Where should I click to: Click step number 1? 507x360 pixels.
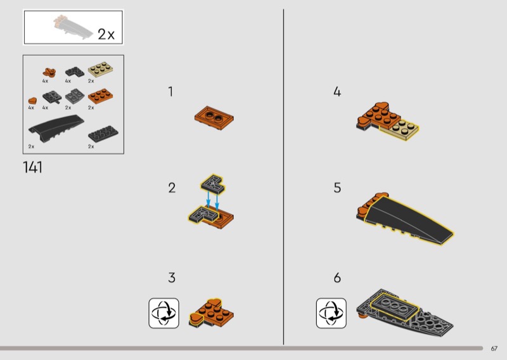[x=170, y=91]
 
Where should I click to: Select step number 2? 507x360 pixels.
[x=172, y=188]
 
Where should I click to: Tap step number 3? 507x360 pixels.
[x=172, y=278]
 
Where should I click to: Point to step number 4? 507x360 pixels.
[x=337, y=91]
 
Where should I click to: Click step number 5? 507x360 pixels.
[x=337, y=188]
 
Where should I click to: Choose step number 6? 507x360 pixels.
[x=337, y=278]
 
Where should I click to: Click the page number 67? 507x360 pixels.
[x=494, y=349]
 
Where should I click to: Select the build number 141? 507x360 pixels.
[x=33, y=167]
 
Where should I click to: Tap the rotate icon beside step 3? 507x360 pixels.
[x=164, y=313]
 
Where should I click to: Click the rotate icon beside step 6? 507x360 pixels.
[x=331, y=313]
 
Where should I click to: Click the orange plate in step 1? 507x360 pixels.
[x=214, y=118]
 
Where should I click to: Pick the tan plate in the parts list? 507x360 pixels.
[x=100, y=69]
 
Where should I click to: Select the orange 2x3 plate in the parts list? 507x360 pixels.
[x=100, y=96]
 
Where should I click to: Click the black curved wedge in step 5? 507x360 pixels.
[x=408, y=218]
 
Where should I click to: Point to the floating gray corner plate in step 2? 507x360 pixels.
[x=213, y=184]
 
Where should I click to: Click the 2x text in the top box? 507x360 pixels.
[x=106, y=34]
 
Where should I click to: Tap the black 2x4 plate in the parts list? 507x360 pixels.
[x=103, y=134]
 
